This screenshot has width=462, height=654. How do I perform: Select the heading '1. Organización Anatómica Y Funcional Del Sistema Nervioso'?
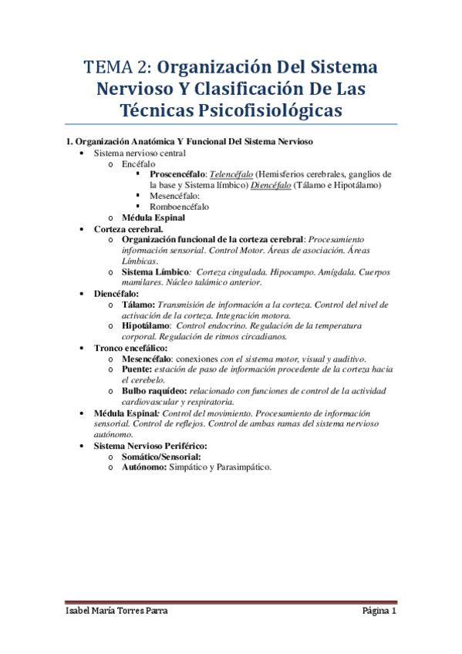[x=189, y=142]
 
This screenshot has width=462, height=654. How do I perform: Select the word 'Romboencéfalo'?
[x=179, y=207]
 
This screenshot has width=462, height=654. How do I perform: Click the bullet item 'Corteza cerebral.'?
[x=128, y=229]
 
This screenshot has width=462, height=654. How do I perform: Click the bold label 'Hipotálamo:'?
[x=147, y=326]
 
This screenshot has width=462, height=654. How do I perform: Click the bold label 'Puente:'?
[x=140, y=369]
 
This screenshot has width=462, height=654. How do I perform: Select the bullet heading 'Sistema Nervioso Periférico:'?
[x=155, y=446]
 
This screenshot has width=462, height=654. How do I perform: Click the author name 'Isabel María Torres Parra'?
[x=115, y=612]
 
